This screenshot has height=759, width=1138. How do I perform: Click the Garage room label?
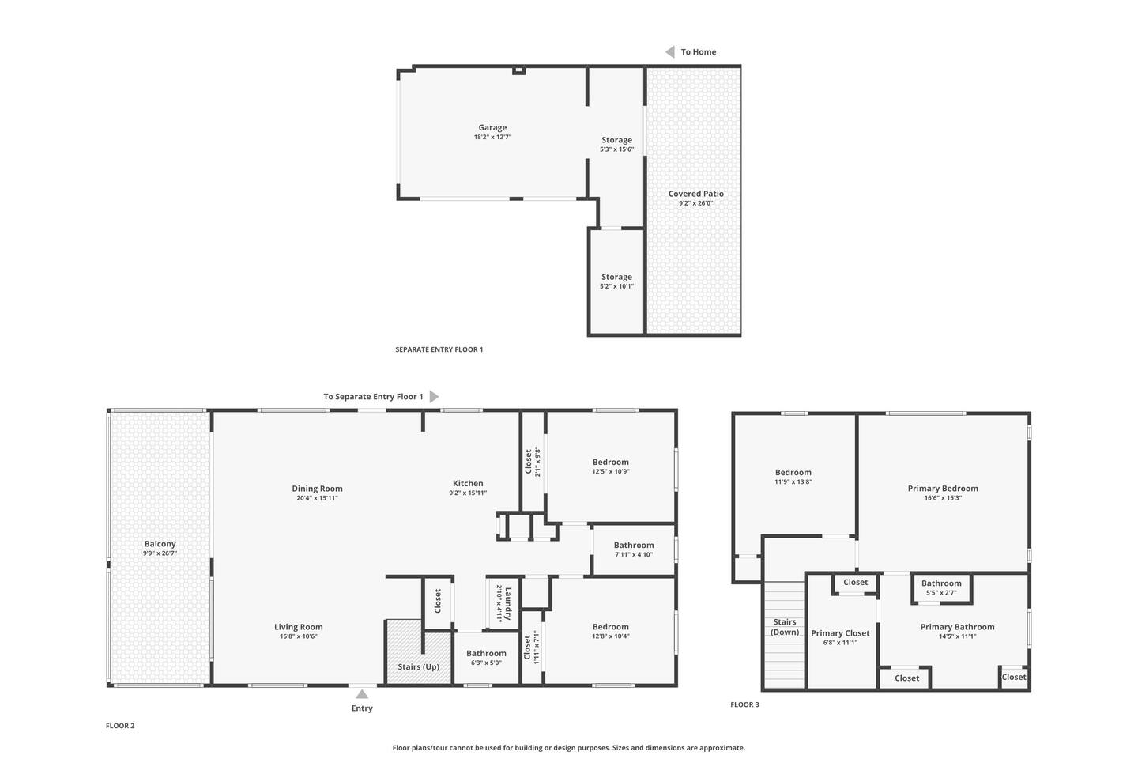492,127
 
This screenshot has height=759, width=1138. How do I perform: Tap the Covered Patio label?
695,194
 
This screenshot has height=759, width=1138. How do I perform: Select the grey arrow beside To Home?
670,52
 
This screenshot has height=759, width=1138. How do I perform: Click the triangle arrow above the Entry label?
362,694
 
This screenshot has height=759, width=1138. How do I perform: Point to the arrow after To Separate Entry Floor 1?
434,397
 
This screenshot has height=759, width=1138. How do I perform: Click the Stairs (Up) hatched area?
419,651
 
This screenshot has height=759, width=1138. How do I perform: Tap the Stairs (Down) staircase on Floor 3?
785,635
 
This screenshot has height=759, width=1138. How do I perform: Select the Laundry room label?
508,604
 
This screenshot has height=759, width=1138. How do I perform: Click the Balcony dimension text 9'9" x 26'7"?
160,553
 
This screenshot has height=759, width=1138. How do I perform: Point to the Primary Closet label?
840,633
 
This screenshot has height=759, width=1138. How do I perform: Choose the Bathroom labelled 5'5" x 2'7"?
941,587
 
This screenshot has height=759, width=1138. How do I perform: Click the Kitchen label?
468,483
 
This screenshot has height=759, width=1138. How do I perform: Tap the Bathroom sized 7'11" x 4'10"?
634,549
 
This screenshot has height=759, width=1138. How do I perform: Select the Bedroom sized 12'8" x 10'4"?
611,631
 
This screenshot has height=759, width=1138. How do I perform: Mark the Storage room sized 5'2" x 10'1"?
616,281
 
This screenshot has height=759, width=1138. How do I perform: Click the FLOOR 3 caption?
744,704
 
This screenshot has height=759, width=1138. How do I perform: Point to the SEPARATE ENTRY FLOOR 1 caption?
439,349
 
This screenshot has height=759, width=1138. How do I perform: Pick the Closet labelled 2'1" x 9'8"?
533,462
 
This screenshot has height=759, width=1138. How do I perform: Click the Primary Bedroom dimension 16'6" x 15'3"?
943,497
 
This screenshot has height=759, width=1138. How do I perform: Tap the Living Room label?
298,627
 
